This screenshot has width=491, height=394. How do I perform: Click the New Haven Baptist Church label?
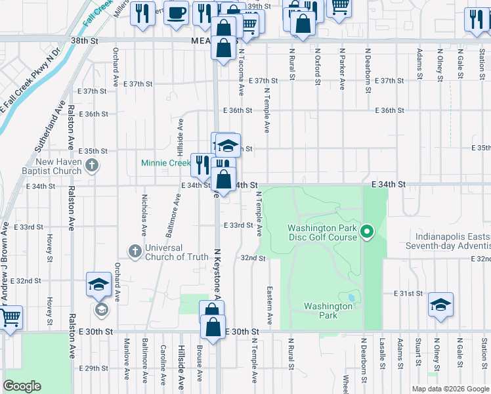(59, 167)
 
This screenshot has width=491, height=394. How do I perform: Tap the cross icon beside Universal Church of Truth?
(135, 251)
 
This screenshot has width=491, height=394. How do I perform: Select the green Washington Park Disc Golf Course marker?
(368, 231)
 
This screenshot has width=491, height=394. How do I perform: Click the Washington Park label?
(328, 311)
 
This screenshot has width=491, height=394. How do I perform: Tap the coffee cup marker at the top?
(176, 12)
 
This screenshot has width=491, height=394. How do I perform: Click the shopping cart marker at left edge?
(9, 318)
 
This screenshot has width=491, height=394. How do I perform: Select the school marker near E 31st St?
(440, 304)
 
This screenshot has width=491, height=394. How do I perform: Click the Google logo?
(22, 386)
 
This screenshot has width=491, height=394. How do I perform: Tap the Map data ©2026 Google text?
(450, 389)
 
